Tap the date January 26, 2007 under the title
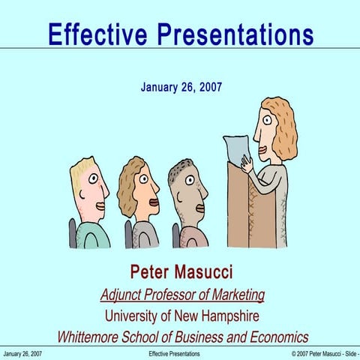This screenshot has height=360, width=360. click(181, 87)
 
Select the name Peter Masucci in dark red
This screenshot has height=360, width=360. click(181, 271)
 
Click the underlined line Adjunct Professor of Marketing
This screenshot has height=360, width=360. click(182, 294)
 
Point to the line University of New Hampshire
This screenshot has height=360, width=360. click(181, 315)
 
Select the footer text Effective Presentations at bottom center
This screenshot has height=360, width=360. click(174, 352)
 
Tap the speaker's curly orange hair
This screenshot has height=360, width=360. click(283, 127)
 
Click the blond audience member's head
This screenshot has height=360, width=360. click(88, 187)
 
